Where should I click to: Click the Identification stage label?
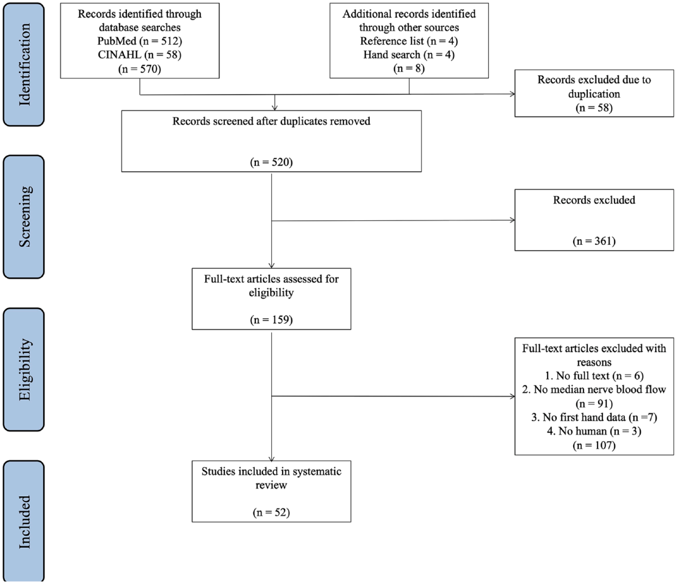[x=24, y=64]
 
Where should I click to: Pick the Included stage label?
[x=24, y=522]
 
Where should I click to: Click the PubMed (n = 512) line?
[x=140, y=41]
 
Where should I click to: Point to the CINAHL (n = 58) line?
[x=140, y=55]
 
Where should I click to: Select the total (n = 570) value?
[x=140, y=69]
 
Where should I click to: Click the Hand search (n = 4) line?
[x=409, y=55]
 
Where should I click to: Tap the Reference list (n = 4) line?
[x=409, y=41]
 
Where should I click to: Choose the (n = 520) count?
[x=271, y=162]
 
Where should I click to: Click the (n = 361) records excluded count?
[x=594, y=241]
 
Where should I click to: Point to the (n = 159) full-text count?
[x=271, y=320]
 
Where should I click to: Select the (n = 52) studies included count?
[x=271, y=512]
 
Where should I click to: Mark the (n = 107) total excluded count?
[x=594, y=445]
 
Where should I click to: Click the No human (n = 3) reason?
[x=594, y=431]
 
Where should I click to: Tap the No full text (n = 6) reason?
[x=594, y=376]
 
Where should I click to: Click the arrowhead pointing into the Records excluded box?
[x=512, y=220]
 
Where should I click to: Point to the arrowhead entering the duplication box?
[x=512, y=94]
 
